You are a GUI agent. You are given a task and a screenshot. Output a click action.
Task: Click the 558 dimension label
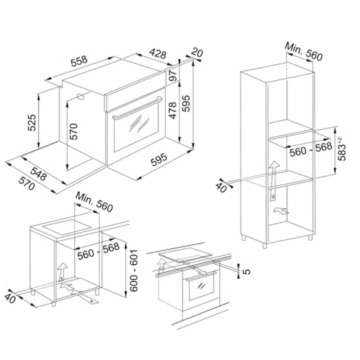pyautogui.click(x=79, y=60)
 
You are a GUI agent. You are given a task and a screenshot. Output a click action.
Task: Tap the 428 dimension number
pyautogui.click(x=158, y=53)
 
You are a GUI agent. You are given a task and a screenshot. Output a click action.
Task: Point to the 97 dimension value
pyautogui.click(x=174, y=75)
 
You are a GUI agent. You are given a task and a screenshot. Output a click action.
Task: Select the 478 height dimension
pyautogui.click(x=173, y=110)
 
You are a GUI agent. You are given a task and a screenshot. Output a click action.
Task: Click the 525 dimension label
pyautogui.click(x=32, y=123)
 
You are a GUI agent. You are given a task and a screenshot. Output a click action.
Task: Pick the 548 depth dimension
pyautogui.click(x=39, y=174)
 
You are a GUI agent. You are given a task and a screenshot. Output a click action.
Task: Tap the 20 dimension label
pyautogui.click(x=197, y=53)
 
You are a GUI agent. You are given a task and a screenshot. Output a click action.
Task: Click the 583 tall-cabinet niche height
pyautogui.click(x=342, y=149)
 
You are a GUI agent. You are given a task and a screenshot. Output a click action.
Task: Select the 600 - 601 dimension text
pyautogui.click(x=134, y=270)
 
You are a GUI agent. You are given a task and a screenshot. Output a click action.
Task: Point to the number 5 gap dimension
pyautogui.click(x=246, y=272)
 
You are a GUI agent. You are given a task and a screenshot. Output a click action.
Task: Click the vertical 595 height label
pyautogui.click(x=186, y=103)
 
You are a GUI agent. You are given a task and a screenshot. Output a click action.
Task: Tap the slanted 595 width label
pyautogui.click(x=159, y=160)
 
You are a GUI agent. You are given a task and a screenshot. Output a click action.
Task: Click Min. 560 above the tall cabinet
pyautogui.click(x=304, y=52)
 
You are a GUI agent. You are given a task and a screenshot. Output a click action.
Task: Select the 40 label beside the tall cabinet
pyautogui.click(x=221, y=187)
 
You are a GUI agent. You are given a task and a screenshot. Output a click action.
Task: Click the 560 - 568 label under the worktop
pyautogui.click(x=99, y=251)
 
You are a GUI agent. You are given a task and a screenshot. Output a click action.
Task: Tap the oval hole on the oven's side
pyautogui.click(x=81, y=97)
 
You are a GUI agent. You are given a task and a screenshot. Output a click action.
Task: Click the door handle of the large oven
pyautogui.click(x=138, y=108)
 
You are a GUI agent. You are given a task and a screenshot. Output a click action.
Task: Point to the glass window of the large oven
pyautogui.click(x=136, y=128)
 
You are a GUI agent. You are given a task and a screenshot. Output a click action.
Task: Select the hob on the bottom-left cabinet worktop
pyautogui.click(x=67, y=227)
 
